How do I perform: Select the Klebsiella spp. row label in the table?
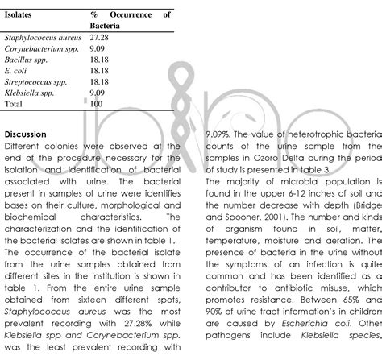coord(31,93)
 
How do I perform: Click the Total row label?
coord(15,105)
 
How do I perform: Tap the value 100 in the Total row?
coord(97,105)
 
